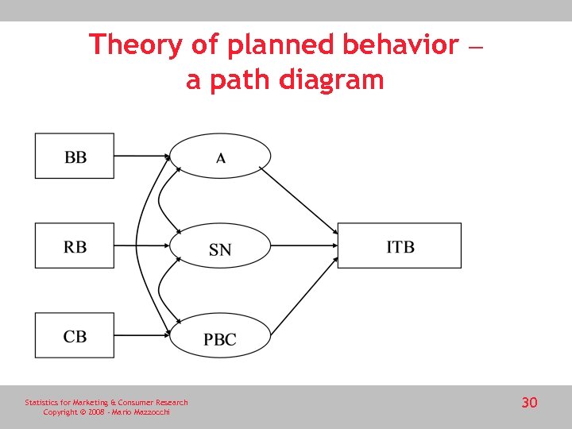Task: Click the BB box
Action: point(75,156)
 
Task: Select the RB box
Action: point(75,245)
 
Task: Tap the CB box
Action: point(75,335)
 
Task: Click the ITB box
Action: point(400,246)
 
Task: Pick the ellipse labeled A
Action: point(221,157)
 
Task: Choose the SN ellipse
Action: point(221,249)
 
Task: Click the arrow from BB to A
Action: point(141,156)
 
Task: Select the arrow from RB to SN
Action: point(141,245)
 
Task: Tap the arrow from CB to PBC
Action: point(141,335)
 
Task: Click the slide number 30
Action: point(529,403)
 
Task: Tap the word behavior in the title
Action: point(400,44)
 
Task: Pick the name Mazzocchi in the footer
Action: point(151,412)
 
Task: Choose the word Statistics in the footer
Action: point(41,403)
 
